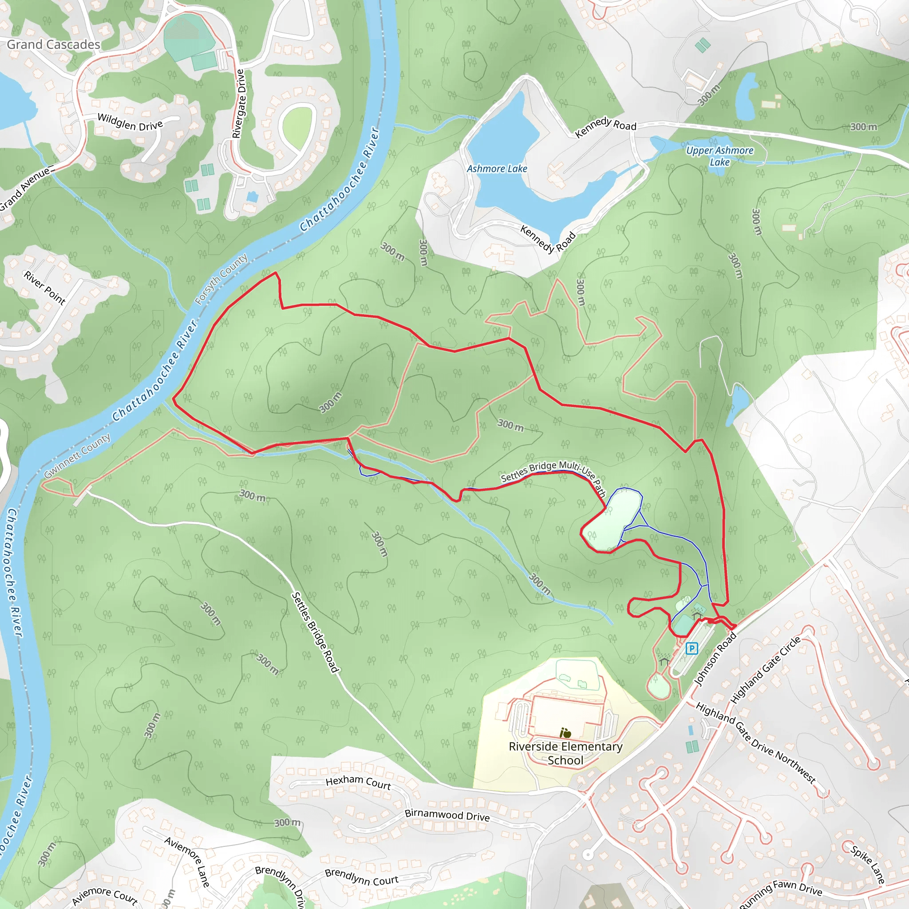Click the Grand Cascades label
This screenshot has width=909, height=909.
[53, 45]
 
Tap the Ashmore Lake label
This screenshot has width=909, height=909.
[497, 168]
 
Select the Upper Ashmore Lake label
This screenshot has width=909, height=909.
[719, 156]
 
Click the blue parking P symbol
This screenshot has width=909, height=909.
[691, 648]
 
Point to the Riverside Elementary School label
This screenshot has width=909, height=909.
[565, 753]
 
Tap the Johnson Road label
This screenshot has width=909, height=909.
[715, 659]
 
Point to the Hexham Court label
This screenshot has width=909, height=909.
[358, 782]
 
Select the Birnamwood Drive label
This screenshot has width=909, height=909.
[447, 815]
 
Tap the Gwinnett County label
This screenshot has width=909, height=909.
[77, 455]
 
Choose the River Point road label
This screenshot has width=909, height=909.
[45, 288]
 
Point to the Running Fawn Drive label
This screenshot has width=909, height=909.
[781, 893]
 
